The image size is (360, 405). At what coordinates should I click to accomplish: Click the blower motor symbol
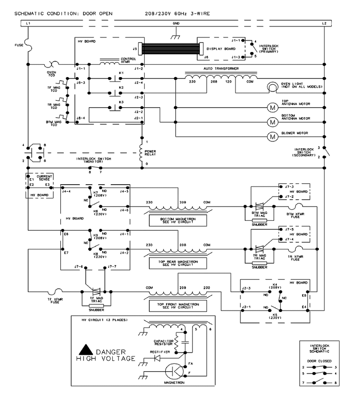point(272,136)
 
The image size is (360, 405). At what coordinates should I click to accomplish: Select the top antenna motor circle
point(272,108)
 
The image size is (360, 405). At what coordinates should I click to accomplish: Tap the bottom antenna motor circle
point(272,122)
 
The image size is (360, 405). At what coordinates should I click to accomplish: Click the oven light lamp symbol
point(272,87)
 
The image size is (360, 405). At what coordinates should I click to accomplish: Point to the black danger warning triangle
point(86,349)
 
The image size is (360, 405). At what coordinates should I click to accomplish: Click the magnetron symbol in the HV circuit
point(174,372)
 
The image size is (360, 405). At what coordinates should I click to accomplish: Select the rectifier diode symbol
point(157,358)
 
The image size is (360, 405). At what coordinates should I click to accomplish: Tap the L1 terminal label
point(28,24)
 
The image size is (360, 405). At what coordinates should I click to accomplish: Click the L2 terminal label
point(324,24)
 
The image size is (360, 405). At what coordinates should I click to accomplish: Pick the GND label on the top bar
point(176,24)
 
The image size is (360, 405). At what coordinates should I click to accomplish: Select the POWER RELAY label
point(150,153)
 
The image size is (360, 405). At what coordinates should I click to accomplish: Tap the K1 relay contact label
point(121,73)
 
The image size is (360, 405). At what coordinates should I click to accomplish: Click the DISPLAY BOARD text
point(221,49)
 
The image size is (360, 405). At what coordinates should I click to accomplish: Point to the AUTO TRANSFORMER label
point(221,69)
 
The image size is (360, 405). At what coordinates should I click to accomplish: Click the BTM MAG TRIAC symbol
point(259,206)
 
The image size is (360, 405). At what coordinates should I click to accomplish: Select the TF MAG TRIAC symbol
point(96,291)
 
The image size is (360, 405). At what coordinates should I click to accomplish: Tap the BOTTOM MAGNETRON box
point(178,221)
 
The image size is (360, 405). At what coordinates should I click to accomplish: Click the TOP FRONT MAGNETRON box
point(178,306)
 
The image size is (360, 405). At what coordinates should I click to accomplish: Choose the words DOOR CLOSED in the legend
point(319,361)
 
